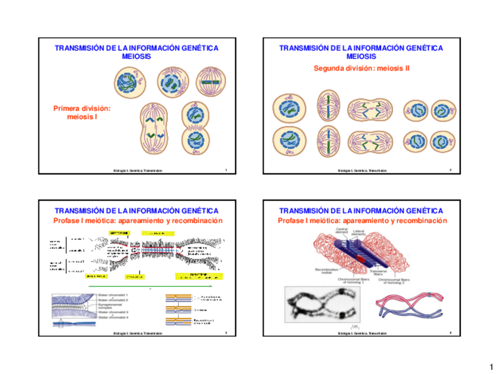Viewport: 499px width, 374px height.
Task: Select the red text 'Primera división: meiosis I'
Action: point(82,112)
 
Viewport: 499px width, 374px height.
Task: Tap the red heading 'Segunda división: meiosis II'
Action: point(361,68)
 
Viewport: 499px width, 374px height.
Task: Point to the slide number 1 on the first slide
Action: point(226,171)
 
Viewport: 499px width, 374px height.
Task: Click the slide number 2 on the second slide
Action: point(450,171)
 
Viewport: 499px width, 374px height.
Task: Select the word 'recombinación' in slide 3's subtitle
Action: point(198,221)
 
